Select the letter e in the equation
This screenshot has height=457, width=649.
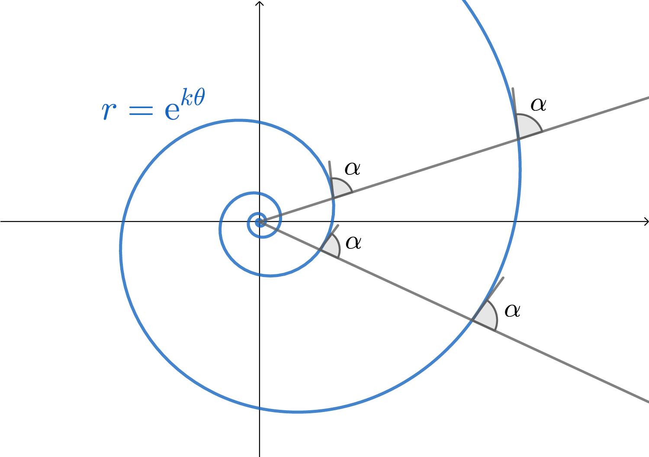172,111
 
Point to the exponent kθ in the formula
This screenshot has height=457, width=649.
193,98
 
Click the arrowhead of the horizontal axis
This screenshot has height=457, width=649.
646,222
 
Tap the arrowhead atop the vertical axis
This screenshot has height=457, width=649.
259,3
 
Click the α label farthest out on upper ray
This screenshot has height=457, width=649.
538,104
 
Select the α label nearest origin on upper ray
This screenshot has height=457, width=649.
352,168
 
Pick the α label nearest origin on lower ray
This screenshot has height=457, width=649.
353,242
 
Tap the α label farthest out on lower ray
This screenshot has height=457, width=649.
512,310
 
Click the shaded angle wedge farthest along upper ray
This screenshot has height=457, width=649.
528,126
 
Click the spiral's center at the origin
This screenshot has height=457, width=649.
259,222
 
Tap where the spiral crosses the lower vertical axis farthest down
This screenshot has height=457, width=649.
260,408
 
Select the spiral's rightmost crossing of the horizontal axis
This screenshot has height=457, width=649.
515,222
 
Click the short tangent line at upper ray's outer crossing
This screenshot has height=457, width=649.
514,102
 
